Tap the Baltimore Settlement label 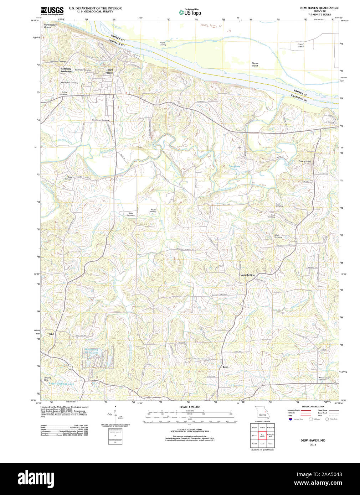coord(66,70)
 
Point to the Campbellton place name coord(247,275)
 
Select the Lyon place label coord(225,367)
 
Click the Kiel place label coord(51,334)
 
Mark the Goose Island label coord(255,64)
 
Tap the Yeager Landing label coord(163,44)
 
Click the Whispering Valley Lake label coord(91,351)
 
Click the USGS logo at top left coord(52,11)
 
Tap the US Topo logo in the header coord(190,12)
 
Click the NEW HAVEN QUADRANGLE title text coord(319,8)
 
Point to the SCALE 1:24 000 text coord(190,407)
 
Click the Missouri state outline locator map coord(262,413)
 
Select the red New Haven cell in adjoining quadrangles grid coord(262,436)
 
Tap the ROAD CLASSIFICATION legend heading coord(313,407)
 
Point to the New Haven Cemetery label coord(101,120)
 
